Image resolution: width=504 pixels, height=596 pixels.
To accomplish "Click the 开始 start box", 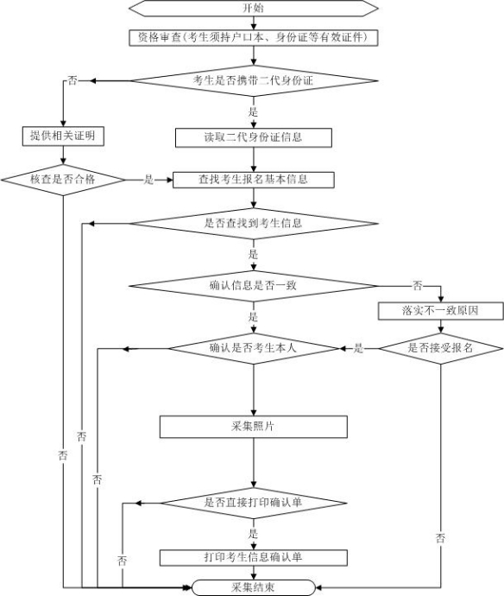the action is pyautogui.click(x=254, y=8).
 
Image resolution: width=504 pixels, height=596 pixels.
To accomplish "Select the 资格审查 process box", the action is pyautogui.click(x=254, y=38).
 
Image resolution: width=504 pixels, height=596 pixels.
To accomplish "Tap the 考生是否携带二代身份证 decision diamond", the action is pyautogui.click(x=254, y=80).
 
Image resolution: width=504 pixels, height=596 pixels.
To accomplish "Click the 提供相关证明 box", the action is pyautogui.click(x=63, y=136).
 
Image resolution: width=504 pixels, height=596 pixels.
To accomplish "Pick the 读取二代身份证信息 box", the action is pyautogui.click(x=254, y=137).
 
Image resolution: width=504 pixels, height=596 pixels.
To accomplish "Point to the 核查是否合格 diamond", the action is pyautogui.click(x=63, y=180).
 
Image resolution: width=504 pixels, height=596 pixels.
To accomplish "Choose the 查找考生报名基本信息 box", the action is pyautogui.click(x=254, y=180).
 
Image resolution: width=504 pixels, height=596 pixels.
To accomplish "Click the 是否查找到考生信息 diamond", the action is pyautogui.click(x=254, y=223).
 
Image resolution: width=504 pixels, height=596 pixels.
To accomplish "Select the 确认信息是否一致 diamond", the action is pyautogui.click(x=254, y=286).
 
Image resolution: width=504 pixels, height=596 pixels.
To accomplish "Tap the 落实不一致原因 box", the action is pyautogui.click(x=441, y=311).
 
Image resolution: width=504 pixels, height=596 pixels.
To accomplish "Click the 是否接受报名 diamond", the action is pyautogui.click(x=441, y=348).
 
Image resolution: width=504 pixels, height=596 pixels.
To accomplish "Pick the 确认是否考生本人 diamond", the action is pyautogui.click(x=254, y=348).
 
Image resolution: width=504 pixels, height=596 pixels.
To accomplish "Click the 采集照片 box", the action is pyautogui.click(x=254, y=427).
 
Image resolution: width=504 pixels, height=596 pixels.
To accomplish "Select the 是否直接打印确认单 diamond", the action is pyautogui.click(x=254, y=503).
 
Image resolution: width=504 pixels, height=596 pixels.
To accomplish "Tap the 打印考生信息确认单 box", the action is pyautogui.click(x=254, y=558).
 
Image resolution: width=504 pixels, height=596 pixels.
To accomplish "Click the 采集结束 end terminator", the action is pyautogui.click(x=254, y=587).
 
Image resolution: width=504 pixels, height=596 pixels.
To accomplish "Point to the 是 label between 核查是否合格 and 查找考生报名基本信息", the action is pyautogui.click(x=148, y=180).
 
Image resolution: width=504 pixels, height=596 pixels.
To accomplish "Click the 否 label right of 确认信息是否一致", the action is pyautogui.click(x=417, y=285).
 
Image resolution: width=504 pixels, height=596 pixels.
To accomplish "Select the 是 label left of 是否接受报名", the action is pyautogui.click(x=358, y=348).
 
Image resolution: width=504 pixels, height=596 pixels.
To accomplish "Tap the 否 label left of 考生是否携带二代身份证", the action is pyautogui.click(x=72, y=80).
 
